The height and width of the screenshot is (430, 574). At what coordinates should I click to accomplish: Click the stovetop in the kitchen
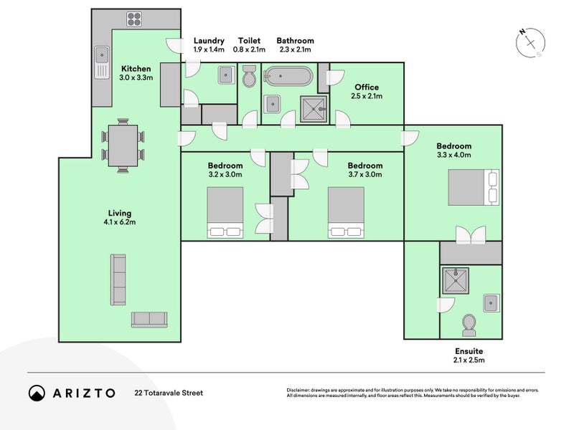(134, 19)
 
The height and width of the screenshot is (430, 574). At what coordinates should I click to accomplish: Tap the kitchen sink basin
(102, 55)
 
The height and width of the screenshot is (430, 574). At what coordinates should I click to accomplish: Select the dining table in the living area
(123, 145)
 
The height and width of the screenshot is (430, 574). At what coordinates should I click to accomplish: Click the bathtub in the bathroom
(288, 76)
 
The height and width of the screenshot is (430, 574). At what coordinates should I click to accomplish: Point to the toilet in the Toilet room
(249, 76)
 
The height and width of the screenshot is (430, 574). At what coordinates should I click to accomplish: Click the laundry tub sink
(227, 75)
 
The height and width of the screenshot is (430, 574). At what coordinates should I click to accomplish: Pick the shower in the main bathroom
(314, 109)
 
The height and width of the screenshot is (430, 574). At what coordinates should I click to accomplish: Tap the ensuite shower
(456, 281)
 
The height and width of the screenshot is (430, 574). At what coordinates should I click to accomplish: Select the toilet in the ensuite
(469, 325)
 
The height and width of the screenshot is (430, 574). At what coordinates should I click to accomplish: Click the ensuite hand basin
(491, 302)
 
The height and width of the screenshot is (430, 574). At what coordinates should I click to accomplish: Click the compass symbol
(530, 43)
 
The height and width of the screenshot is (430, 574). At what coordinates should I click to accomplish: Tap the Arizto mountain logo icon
(37, 393)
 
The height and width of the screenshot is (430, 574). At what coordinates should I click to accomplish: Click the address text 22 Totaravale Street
(169, 393)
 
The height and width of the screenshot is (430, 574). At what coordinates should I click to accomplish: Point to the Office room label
(367, 87)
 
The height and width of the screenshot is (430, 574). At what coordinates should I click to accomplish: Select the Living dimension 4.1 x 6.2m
(120, 222)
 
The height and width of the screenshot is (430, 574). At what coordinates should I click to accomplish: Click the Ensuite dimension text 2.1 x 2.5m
(469, 360)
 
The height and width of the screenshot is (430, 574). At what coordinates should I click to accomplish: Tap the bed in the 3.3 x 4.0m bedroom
(474, 187)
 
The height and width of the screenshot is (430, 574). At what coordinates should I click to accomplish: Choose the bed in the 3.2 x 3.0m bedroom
(225, 212)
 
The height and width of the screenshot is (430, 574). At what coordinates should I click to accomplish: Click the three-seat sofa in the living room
(118, 279)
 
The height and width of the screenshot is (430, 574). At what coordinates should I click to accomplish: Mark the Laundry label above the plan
(209, 41)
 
